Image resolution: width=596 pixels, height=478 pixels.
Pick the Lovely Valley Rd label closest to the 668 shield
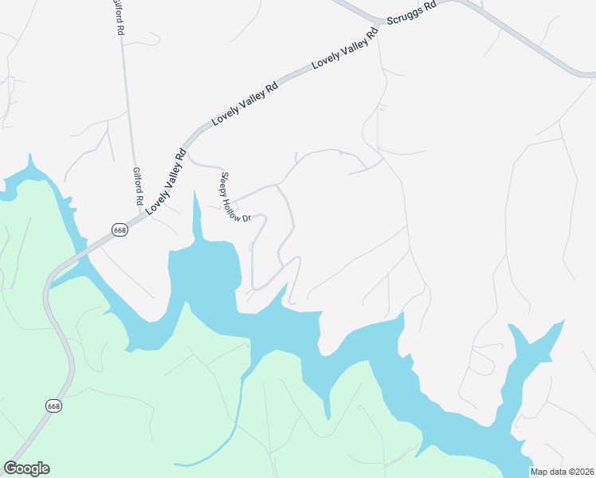[165, 181]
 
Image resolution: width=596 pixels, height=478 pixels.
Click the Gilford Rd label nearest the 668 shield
[138, 186]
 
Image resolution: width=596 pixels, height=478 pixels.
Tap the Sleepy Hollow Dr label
[236, 197]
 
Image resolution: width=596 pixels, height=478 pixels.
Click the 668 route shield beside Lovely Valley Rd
[120, 230]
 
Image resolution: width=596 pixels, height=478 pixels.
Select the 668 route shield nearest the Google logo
[53, 406]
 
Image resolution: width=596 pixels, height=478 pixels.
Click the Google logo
[26, 468]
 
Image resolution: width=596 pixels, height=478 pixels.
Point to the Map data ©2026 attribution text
[562, 472]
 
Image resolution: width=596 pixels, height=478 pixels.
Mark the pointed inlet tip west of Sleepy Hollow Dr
[194, 192]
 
